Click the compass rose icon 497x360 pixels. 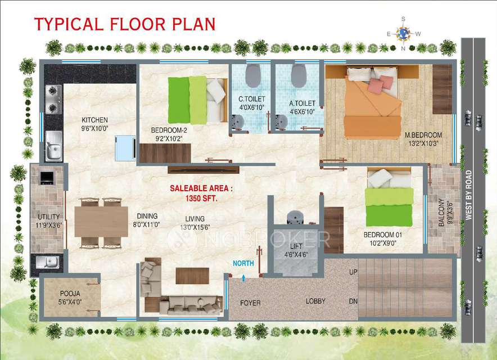[403, 33]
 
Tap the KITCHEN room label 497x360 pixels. [95, 120]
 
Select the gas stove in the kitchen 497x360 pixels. [53, 99]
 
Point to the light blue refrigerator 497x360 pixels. [125, 148]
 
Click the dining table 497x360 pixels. [101, 222]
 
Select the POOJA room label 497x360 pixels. [70, 294]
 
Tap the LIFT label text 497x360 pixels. [296, 246]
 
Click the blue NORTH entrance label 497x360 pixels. [243, 263]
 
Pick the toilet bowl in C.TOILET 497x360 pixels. [253, 75]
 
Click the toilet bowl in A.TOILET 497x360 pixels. [299, 75]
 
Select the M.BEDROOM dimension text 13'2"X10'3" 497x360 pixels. [423, 143]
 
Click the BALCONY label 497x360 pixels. [441, 212]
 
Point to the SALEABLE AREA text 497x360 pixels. [201, 188]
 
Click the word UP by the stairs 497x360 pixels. [353, 272]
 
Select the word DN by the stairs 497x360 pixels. [353, 301]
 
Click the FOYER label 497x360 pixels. [250, 303]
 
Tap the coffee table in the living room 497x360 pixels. [192, 276]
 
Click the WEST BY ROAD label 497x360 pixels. [468, 195]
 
